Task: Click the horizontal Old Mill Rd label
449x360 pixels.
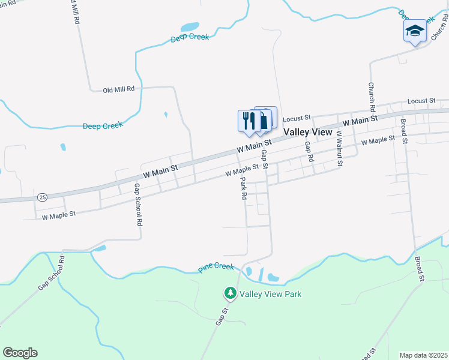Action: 118,89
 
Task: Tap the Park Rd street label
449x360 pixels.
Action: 244,188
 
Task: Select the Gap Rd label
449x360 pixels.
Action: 309,152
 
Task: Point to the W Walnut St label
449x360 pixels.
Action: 339,148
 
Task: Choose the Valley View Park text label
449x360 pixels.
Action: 270,294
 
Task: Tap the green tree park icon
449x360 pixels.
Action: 230,293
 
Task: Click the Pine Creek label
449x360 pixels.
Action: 216,266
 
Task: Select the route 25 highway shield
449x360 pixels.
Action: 42,197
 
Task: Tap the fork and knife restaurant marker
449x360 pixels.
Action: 247,120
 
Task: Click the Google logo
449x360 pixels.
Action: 20,353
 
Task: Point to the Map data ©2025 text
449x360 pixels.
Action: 423,355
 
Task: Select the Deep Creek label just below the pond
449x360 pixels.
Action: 190,37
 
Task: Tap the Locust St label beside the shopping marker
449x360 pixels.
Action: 296,118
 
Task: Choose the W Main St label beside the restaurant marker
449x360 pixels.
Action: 254,145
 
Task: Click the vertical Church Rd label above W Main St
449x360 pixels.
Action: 372,96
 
